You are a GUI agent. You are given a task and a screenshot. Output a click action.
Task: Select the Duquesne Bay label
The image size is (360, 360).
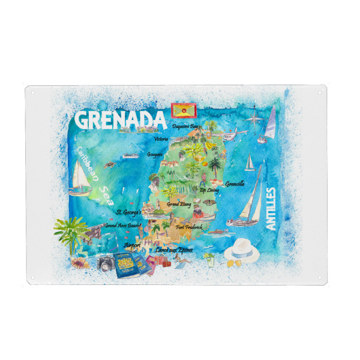tap(185, 127)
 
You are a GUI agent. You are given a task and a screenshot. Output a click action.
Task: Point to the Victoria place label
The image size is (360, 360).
tap(160, 139)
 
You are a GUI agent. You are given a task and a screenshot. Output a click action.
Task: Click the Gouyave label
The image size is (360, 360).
tap(156, 154)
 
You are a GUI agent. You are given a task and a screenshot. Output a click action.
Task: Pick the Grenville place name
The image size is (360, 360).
tap(235, 184)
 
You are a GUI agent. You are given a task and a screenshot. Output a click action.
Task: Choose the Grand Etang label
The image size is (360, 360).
tap(179, 204)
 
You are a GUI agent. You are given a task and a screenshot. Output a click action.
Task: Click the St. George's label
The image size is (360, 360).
tap(128, 212)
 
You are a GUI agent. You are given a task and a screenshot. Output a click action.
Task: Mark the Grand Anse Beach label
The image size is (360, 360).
tap(122, 226)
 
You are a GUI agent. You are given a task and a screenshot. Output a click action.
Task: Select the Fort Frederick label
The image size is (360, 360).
tap(189, 227)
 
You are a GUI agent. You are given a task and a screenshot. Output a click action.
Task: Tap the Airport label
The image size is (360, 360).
tap(132, 245)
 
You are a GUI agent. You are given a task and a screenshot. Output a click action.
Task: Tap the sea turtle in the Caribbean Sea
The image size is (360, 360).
tap(109, 163)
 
